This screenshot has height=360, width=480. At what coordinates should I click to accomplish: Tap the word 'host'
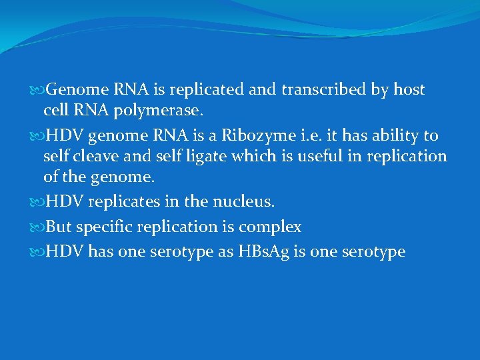pos(407,90)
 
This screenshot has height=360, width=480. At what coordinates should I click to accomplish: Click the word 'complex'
pos(270,228)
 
